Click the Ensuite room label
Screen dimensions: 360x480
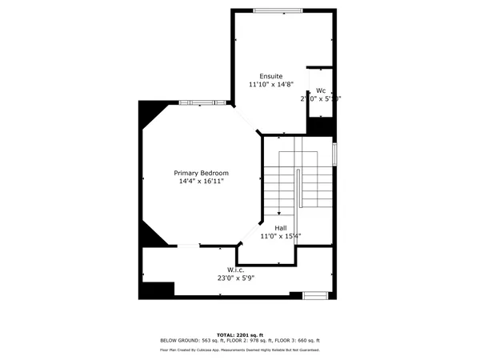pyautogui.click(x=271, y=76)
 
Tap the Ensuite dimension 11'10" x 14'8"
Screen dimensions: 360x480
pyautogui.click(x=271, y=84)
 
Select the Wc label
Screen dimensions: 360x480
pyautogui.click(x=320, y=90)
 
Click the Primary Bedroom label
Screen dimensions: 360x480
pyautogui.click(x=202, y=173)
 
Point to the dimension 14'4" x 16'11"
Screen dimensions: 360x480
pyautogui.click(x=202, y=182)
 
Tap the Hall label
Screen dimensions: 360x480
pyautogui.click(x=281, y=228)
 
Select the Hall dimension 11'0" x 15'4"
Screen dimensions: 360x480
pyautogui.click(x=281, y=236)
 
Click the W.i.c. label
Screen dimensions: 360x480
pyautogui.click(x=235, y=270)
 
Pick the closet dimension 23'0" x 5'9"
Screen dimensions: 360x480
pyautogui.click(x=235, y=278)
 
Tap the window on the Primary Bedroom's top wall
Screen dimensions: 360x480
pyautogui.click(x=202, y=102)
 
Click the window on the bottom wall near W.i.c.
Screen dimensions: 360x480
pyautogui.click(x=315, y=295)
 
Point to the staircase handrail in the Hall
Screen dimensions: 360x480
pyautogui.click(x=298, y=192)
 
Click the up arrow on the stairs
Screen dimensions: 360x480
pyautogui.click(x=278, y=213)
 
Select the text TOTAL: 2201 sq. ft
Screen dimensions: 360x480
pyautogui.click(x=240, y=334)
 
